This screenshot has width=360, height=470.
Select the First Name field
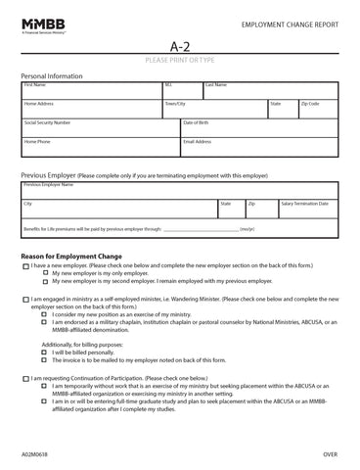(x=91, y=90)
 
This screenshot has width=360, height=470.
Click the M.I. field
(x=182, y=90)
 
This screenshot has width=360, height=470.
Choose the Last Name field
(x=270, y=90)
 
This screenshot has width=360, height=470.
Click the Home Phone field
(x=100, y=147)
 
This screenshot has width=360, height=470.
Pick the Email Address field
(x=259, y=147)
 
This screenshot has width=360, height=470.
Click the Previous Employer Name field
(x=180, y=189)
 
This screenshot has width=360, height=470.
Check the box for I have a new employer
(x=25, y=266)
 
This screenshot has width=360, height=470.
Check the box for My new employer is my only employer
(x=44, y=274)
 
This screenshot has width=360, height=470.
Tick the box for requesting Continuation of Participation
(x=25, y=377)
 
